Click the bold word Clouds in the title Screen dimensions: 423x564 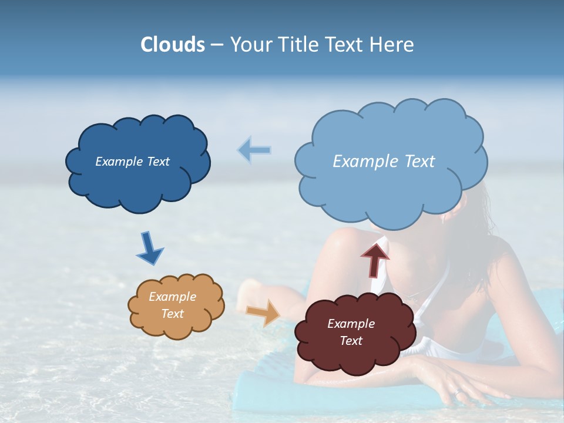(x=173, y=45)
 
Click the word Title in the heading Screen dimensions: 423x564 (x=299, y=45)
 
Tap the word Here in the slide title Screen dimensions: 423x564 (x=393, y=45)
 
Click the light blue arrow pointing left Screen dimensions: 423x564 (x=254, y=150)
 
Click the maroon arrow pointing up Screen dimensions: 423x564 (x=375, y=259)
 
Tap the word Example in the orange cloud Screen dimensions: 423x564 (x=172, y=297)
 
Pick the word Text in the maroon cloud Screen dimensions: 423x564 (x=351, y=341)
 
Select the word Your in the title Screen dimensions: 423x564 (x=249, y=45)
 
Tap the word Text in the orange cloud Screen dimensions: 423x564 (x=172, y=314)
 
